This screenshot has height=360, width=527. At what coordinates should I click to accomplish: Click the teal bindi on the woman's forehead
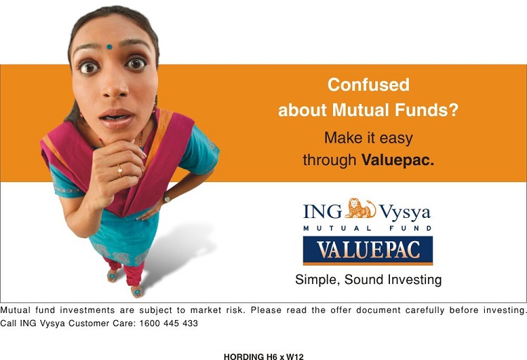[109, 47]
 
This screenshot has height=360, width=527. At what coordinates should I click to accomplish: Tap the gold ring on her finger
[119, 171]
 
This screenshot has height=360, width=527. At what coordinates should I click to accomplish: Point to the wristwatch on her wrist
[167, 198]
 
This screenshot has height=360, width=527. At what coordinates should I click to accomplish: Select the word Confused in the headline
[368, 84]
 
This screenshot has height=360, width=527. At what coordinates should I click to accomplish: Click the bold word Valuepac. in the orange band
[398, 160]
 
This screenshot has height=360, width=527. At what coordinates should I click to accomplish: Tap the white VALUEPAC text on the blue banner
[368, 250]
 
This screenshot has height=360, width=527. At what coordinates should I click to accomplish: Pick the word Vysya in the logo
[405, 212]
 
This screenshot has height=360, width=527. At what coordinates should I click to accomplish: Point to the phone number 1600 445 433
[169, 323]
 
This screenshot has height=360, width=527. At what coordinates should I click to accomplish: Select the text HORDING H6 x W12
[263, 356]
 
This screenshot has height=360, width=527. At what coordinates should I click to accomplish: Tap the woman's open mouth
[116, 119]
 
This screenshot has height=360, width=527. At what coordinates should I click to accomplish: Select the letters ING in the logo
[323, 212]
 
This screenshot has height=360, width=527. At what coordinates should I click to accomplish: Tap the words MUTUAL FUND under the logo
[367, 228]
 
